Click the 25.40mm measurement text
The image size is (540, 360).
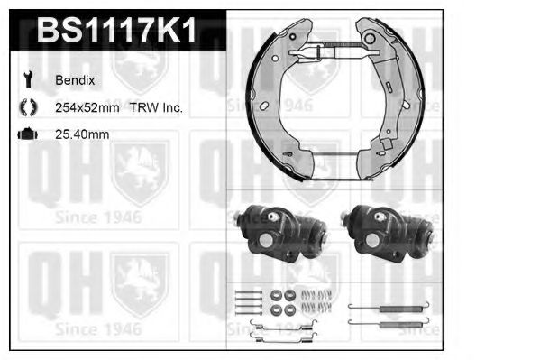[x=82, y=134]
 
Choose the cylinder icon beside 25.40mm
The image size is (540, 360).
[x=27, y=134]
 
